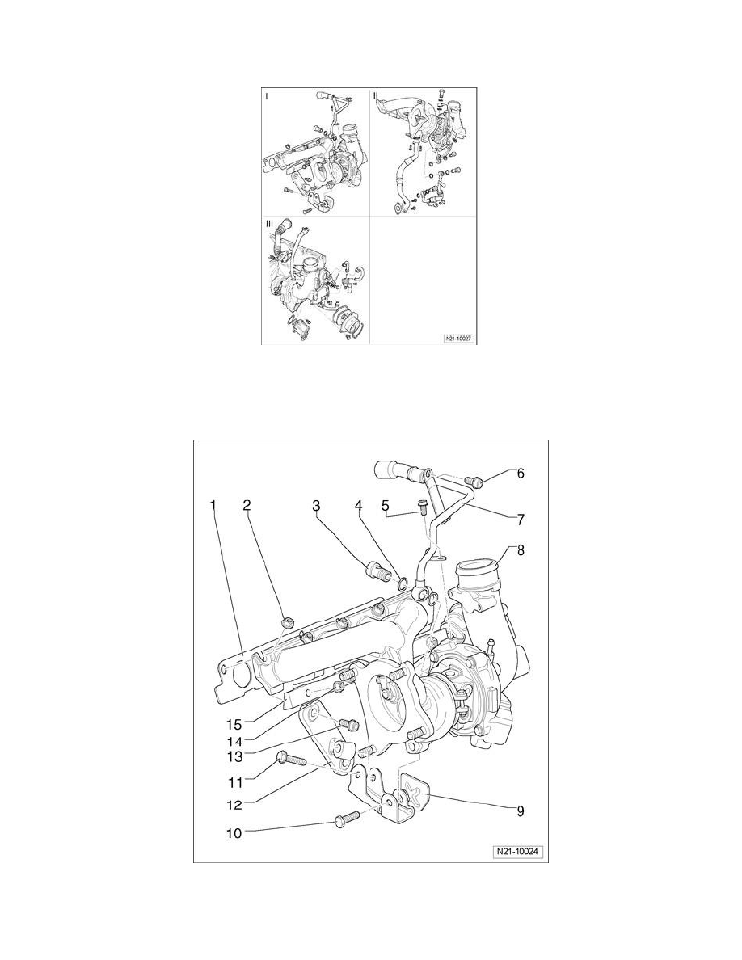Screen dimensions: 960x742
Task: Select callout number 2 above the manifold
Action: point(247,506)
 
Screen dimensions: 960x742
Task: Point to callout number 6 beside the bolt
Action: point(521,474)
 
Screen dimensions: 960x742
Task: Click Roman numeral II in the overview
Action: point(376,95)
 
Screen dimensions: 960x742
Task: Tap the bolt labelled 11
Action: point(290,758)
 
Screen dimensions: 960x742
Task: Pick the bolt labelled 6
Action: point(475,482)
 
